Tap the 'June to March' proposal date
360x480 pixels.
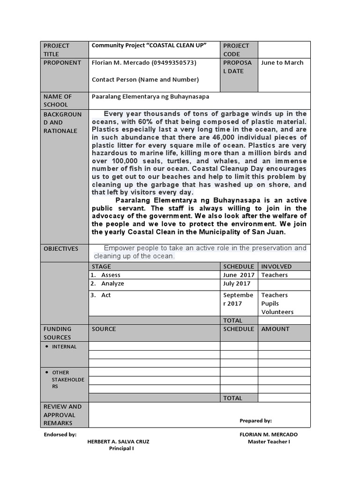point(282,63)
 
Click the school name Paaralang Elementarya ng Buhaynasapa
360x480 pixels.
point(150,97)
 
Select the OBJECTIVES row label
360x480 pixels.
point(61,248)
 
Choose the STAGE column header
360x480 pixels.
point(101,266)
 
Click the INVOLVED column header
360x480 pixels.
point(276,266)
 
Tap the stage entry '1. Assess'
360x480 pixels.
point(106,275)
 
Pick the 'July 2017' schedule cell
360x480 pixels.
point(237,284)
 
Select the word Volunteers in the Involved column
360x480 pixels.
point(277,312)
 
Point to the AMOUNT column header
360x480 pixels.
point(275,329)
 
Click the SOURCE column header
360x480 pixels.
point(104,329)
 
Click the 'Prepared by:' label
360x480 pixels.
point(255,421)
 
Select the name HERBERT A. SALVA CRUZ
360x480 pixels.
point(119,442)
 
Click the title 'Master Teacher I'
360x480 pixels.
point(269,442)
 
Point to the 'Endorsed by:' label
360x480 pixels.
point(60,435)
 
